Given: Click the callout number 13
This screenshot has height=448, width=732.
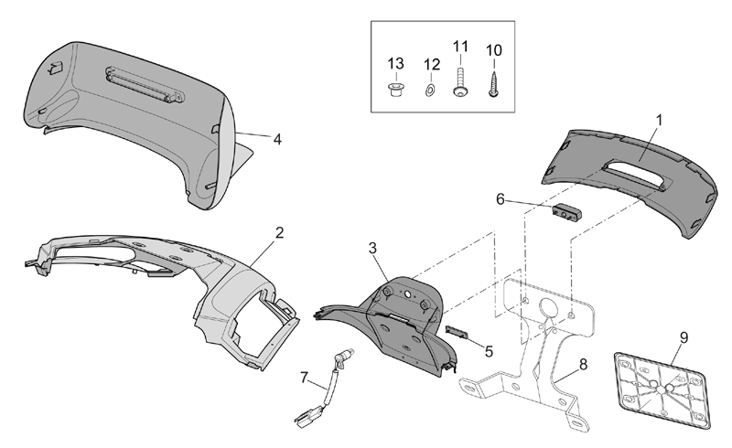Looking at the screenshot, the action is (395, 63).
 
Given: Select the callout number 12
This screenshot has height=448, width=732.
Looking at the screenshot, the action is (432, 64).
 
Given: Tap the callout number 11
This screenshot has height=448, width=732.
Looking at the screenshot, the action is (460, 47).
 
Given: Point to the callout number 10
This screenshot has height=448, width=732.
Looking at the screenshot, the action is (494, 50).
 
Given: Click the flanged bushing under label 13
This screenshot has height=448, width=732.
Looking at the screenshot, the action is (396, 89).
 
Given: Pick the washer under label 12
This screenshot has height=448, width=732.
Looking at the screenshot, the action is (430, 91).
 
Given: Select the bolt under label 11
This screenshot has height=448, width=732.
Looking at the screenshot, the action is (460, 82).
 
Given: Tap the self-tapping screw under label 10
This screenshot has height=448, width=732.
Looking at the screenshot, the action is (494, 84).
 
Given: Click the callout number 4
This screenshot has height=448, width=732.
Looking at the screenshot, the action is (277, 139).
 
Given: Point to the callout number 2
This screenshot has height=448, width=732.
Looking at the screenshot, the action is (279, 232).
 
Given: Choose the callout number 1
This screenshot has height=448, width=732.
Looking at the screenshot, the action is (659, 121).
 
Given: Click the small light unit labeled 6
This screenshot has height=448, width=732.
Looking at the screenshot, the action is (567, 212).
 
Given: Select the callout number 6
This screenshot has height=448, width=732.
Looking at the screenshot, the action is (501, 199).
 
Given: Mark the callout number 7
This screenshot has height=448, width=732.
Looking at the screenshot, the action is (304, 377).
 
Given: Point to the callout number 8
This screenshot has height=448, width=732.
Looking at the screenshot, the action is (583, 365).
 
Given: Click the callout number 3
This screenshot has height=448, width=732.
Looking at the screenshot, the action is (372, 249).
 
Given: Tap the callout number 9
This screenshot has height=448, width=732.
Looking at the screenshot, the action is (684, 337).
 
